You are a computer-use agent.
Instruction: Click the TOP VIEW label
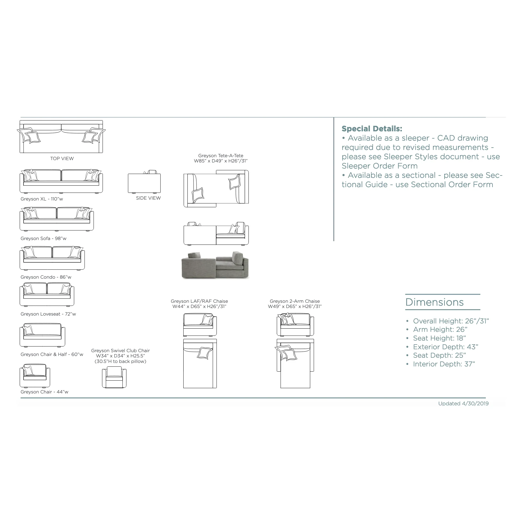(62, 158)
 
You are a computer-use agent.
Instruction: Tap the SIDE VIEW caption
(148, 198)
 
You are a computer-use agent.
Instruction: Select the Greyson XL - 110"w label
(42, 199)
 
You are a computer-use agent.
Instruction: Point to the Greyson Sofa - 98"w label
(43, 238)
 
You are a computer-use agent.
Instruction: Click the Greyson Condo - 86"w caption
(46, 277)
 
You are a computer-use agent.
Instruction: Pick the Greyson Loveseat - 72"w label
(48, 314)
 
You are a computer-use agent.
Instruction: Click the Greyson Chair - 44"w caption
(44, 392)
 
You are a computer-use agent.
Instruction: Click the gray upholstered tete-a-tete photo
(215, 265)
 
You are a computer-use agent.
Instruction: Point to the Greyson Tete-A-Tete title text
(221, 155)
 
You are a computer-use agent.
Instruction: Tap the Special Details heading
(372, 128)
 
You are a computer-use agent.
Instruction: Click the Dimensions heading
(434, 302)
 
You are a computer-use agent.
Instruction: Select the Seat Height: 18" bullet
(439, 338)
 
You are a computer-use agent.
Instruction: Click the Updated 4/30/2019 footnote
(463, 403)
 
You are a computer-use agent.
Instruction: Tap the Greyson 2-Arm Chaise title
(295, 301)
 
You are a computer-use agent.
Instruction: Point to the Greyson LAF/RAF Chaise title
(199, 301)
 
